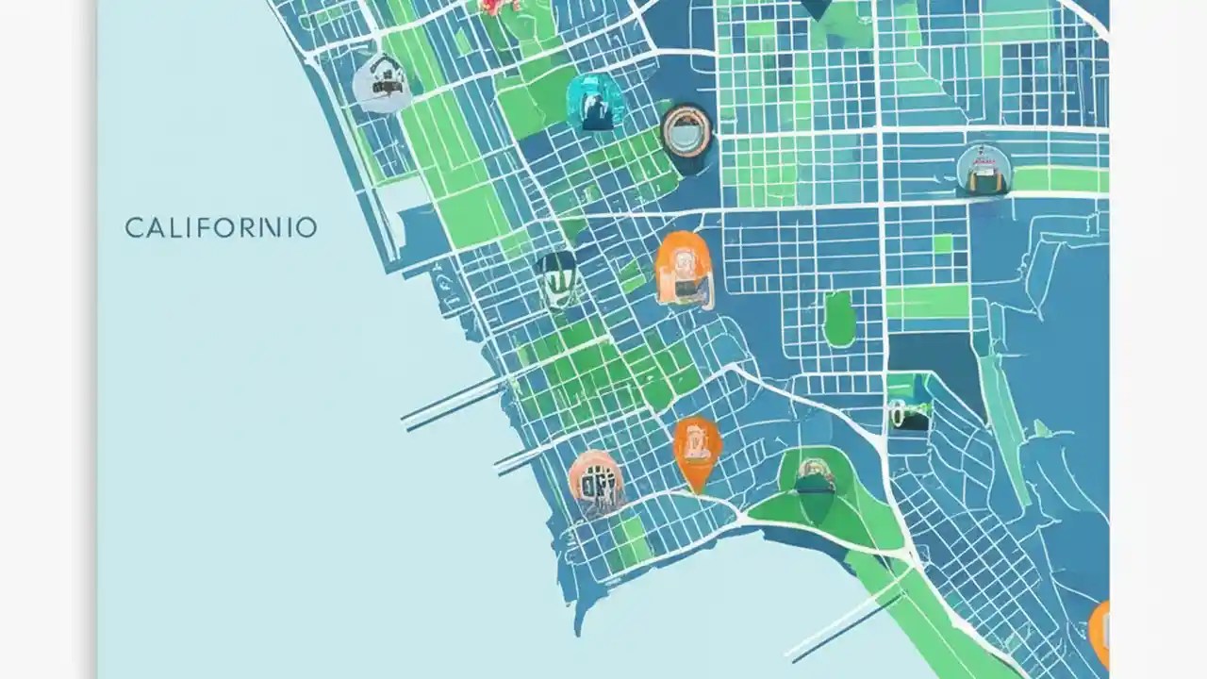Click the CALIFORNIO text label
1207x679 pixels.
[221, 228]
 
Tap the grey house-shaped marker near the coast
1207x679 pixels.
[380, 83]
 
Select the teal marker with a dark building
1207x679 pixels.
[597, 102]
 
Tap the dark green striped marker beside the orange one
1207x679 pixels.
[556, 278]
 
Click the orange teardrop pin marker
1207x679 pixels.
[697, 450]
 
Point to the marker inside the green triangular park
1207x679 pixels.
[815, 476]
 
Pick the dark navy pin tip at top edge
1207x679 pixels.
[817, 8]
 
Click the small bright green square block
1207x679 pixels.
[942, 244]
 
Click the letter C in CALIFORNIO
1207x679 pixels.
[133, 228]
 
